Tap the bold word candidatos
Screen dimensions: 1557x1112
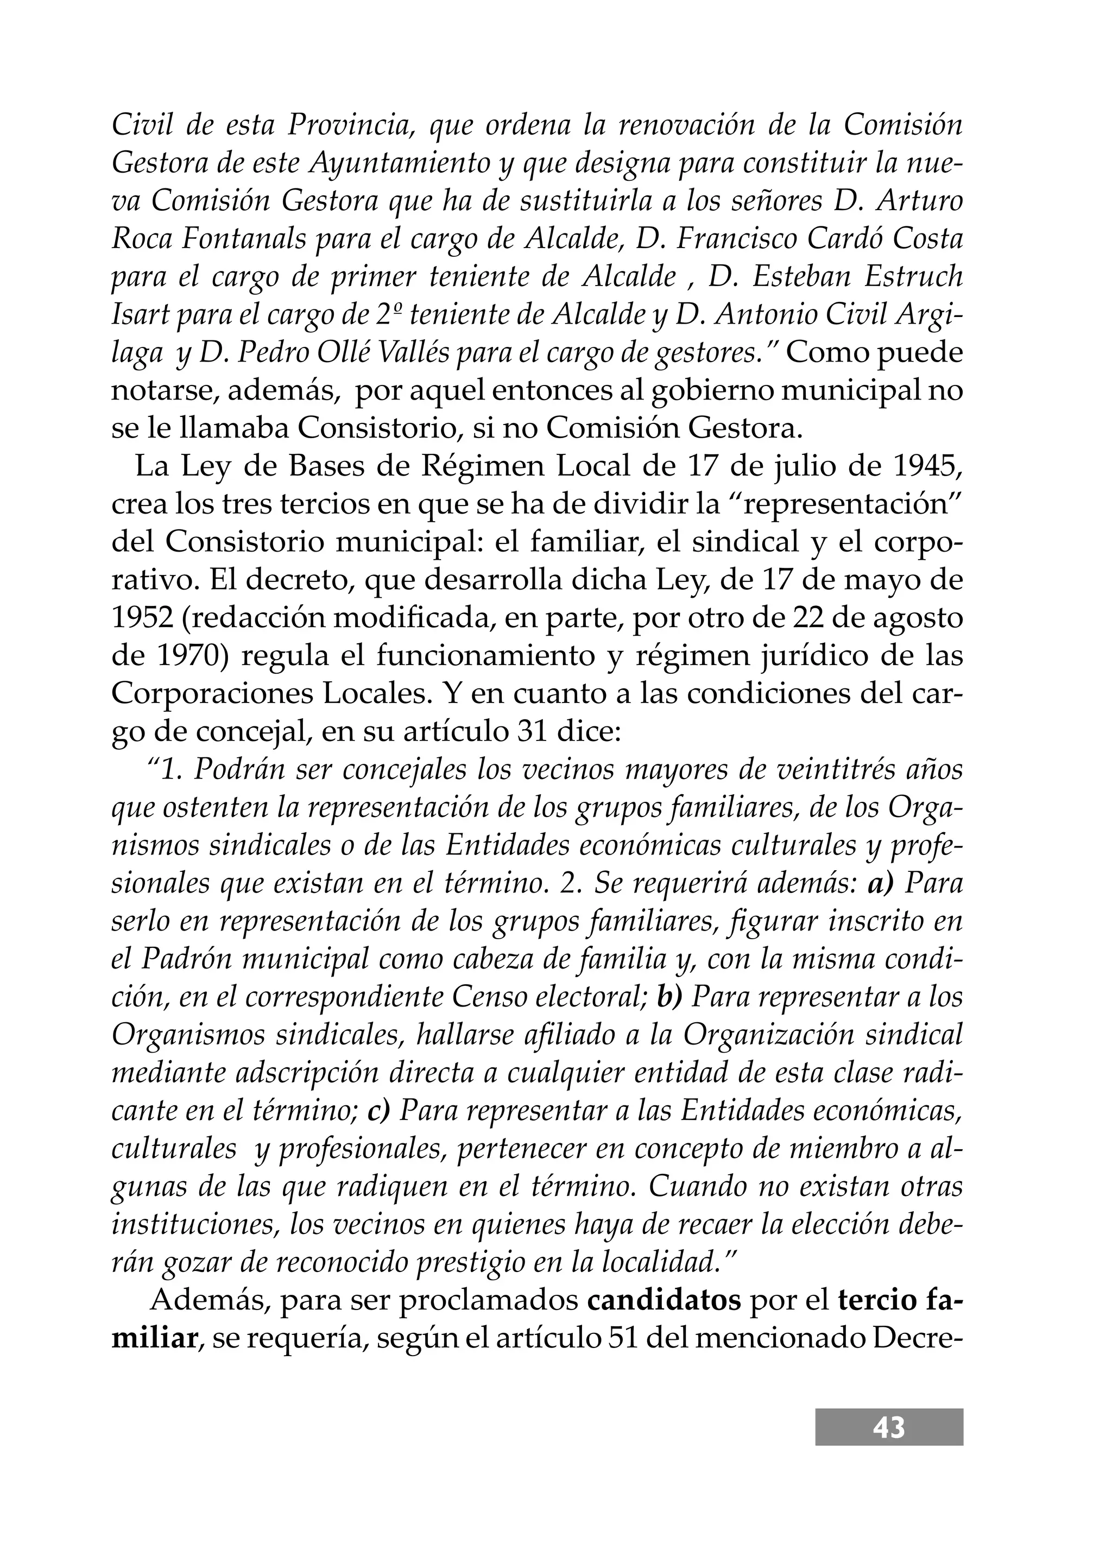coord(664,1299)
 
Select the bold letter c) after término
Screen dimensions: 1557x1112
coord(378,1111)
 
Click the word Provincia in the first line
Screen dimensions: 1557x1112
coord(349,125)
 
